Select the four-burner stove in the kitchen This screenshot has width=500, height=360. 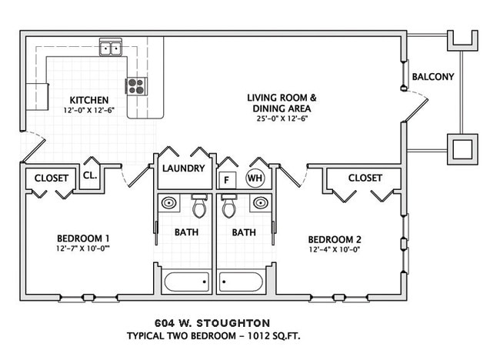click(137, 85)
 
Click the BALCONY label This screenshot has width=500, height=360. click(433, 76)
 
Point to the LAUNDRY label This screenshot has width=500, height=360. click(184, 168)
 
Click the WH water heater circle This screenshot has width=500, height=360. click(254, 178)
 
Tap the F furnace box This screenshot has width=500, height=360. click(227, 179)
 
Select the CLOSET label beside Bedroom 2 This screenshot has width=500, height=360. click(365, 178)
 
